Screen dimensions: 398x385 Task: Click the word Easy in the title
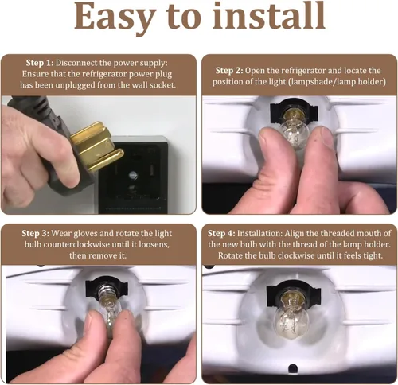tap(114, 17)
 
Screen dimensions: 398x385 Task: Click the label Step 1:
tap(40, 63)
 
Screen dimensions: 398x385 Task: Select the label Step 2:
tap(229, 71)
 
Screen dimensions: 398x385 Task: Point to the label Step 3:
tap(36, 233)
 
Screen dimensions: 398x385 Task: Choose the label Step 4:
tap(221, 233)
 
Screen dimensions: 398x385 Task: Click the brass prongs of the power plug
tap(97, 146)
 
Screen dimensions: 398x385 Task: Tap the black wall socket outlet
tap(133, 175)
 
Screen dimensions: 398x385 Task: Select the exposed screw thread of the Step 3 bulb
tap(106, 290)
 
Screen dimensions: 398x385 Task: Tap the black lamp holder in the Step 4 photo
tap(294, 293)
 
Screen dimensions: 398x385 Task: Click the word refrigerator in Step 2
tap(303, 71)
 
